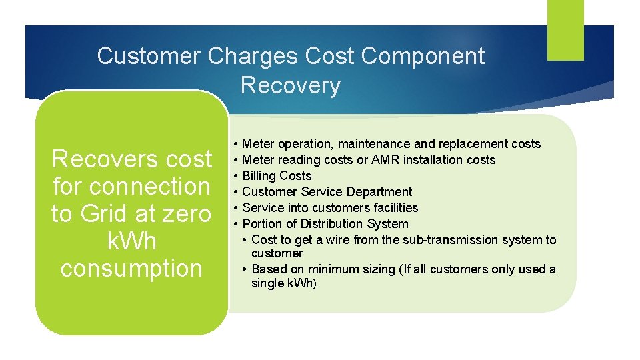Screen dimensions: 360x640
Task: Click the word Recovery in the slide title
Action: [290, 85]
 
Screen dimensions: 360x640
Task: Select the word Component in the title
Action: [423, 56]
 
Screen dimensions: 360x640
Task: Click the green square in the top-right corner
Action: [565, 29]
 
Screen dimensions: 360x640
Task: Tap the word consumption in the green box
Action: [131, 268]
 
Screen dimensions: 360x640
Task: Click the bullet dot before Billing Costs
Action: [236, 176]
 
